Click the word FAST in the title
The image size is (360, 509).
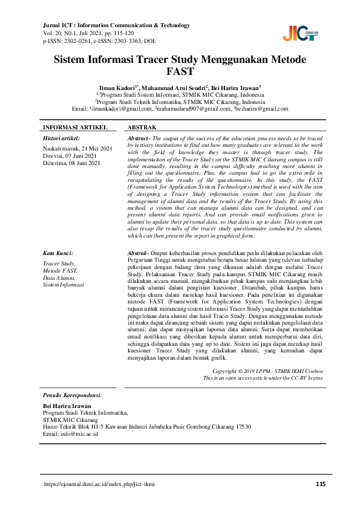point(180,73)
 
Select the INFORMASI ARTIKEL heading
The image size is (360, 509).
point(75,128)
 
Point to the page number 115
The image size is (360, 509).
point(321,484)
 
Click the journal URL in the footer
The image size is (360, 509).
point(99,484)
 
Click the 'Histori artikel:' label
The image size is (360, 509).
point(62,138)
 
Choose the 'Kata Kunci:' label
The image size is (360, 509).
point(58,253)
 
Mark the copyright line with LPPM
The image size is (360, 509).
point(268,370)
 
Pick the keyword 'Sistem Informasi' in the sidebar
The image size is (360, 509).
point(64,284)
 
